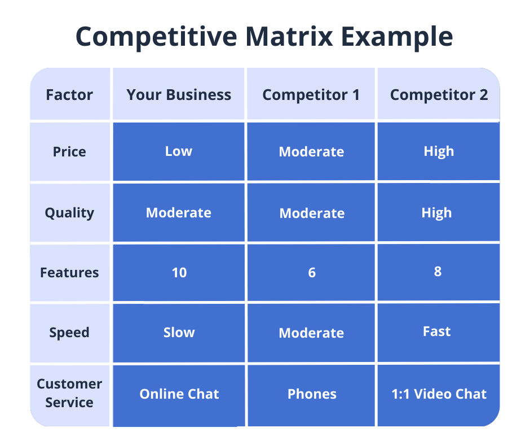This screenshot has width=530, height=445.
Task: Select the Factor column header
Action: coord(69,95)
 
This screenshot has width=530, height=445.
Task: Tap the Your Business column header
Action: coord(179,95)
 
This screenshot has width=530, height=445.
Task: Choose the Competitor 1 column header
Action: coord(311,95)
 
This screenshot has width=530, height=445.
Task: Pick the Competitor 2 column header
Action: coord(439,95)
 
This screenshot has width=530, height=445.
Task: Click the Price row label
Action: coord(69,152)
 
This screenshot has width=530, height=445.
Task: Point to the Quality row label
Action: coord(69,213)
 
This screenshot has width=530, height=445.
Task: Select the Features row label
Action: coord(69,273)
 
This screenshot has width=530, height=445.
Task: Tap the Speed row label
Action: coord(69,333)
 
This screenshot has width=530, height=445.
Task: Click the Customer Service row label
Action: coord(69,393)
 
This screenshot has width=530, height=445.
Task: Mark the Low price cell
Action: coord(179,151)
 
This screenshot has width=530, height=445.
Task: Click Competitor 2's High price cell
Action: coord(439,151)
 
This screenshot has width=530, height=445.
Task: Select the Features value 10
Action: coord(179,273)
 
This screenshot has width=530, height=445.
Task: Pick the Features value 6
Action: coord(312,273)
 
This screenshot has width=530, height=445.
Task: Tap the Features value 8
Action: coord(438,272)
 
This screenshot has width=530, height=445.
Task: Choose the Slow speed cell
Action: coord(179,333)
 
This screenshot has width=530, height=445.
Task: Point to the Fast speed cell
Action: coord(437,331)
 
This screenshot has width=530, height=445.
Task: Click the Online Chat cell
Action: coord(179,394)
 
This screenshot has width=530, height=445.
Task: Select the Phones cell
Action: coord(312,394)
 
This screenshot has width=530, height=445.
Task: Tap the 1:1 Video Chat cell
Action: coord(439,394)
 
